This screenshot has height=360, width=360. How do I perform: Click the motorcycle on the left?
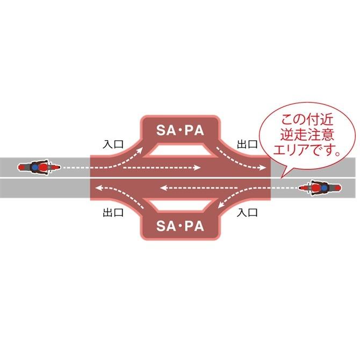coord(35,168)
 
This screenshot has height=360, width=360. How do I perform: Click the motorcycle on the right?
coord(320,188)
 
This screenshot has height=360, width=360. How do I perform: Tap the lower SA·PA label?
coord(180,226)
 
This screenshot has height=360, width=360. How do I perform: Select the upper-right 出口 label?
coord(247,145)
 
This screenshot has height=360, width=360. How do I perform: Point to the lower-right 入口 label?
coord(247,212)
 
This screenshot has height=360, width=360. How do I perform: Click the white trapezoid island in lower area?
coord(180,204)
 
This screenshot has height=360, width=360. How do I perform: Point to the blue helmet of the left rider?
coord(34,168)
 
